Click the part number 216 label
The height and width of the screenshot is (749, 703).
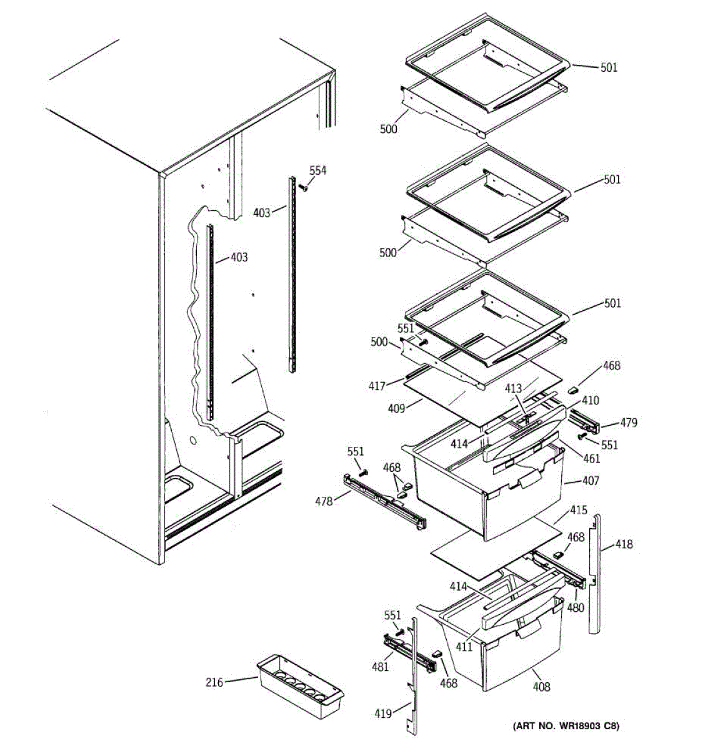pyautogui.click(x=214, y=683)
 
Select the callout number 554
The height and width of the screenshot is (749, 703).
pyautogui.click(x=317, y=170)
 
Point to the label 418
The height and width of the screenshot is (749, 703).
pyautogui.click(x=624, y=544)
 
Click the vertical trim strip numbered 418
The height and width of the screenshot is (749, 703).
pyautogui.click(x=596, y=574)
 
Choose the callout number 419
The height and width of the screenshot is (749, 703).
pyautogui.click(x=382, y=713)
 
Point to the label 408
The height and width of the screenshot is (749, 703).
pyautogui.click(x=541, y=687)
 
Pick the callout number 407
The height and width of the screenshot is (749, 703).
pyautogui.click(x=590, y=481)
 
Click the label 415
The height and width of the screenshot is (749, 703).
pyautogui.click(x=578, y=511)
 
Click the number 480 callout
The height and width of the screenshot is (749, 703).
pyautogui.click(x=576, y=607)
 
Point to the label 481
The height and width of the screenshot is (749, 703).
pyautogui.click(x=381, y=667)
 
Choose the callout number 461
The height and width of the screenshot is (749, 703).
pyautogui.click(x=591, y=459)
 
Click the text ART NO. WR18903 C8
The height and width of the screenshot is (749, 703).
pyautogui.click(x=566, y=726)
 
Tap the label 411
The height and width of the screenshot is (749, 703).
pyautogui.click(x=464, y=647)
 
